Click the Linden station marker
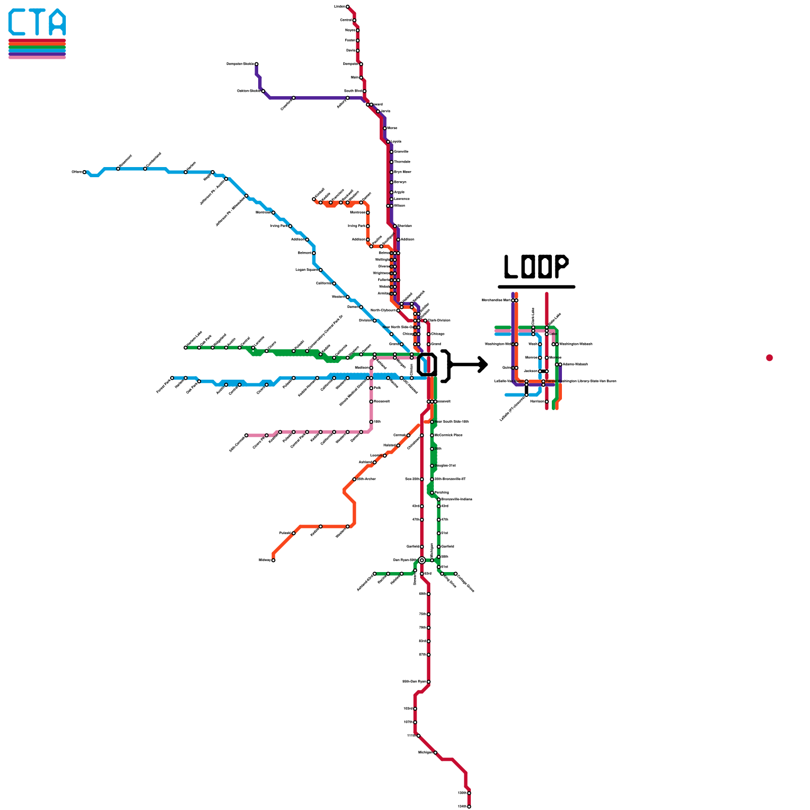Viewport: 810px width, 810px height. pos(347,7)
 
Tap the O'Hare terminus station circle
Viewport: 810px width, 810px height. pos(85,172)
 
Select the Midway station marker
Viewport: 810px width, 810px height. pos(273,560)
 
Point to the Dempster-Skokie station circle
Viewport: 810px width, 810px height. pos(257,64)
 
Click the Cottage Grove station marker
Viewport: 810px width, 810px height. pos(456,574)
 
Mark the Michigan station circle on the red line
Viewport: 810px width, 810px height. pos(435,753)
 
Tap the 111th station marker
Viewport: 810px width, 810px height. pos(418,736)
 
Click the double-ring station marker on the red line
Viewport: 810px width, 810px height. pos(422,560)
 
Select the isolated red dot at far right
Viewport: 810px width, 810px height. pos(769,358)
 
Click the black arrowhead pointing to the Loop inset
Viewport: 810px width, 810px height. pos(483,364)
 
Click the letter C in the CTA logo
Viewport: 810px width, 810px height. pos(18,22)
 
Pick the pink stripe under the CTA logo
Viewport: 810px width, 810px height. pos(37,58)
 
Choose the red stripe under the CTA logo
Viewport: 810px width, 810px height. pos(37,40)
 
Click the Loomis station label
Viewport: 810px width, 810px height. pos(375,456)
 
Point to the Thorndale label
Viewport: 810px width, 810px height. pos(402,162)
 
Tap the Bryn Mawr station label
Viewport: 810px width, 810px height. pos(403,172)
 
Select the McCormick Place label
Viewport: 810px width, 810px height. pos(449,435)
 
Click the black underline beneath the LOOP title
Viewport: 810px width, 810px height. pos(537,287)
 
